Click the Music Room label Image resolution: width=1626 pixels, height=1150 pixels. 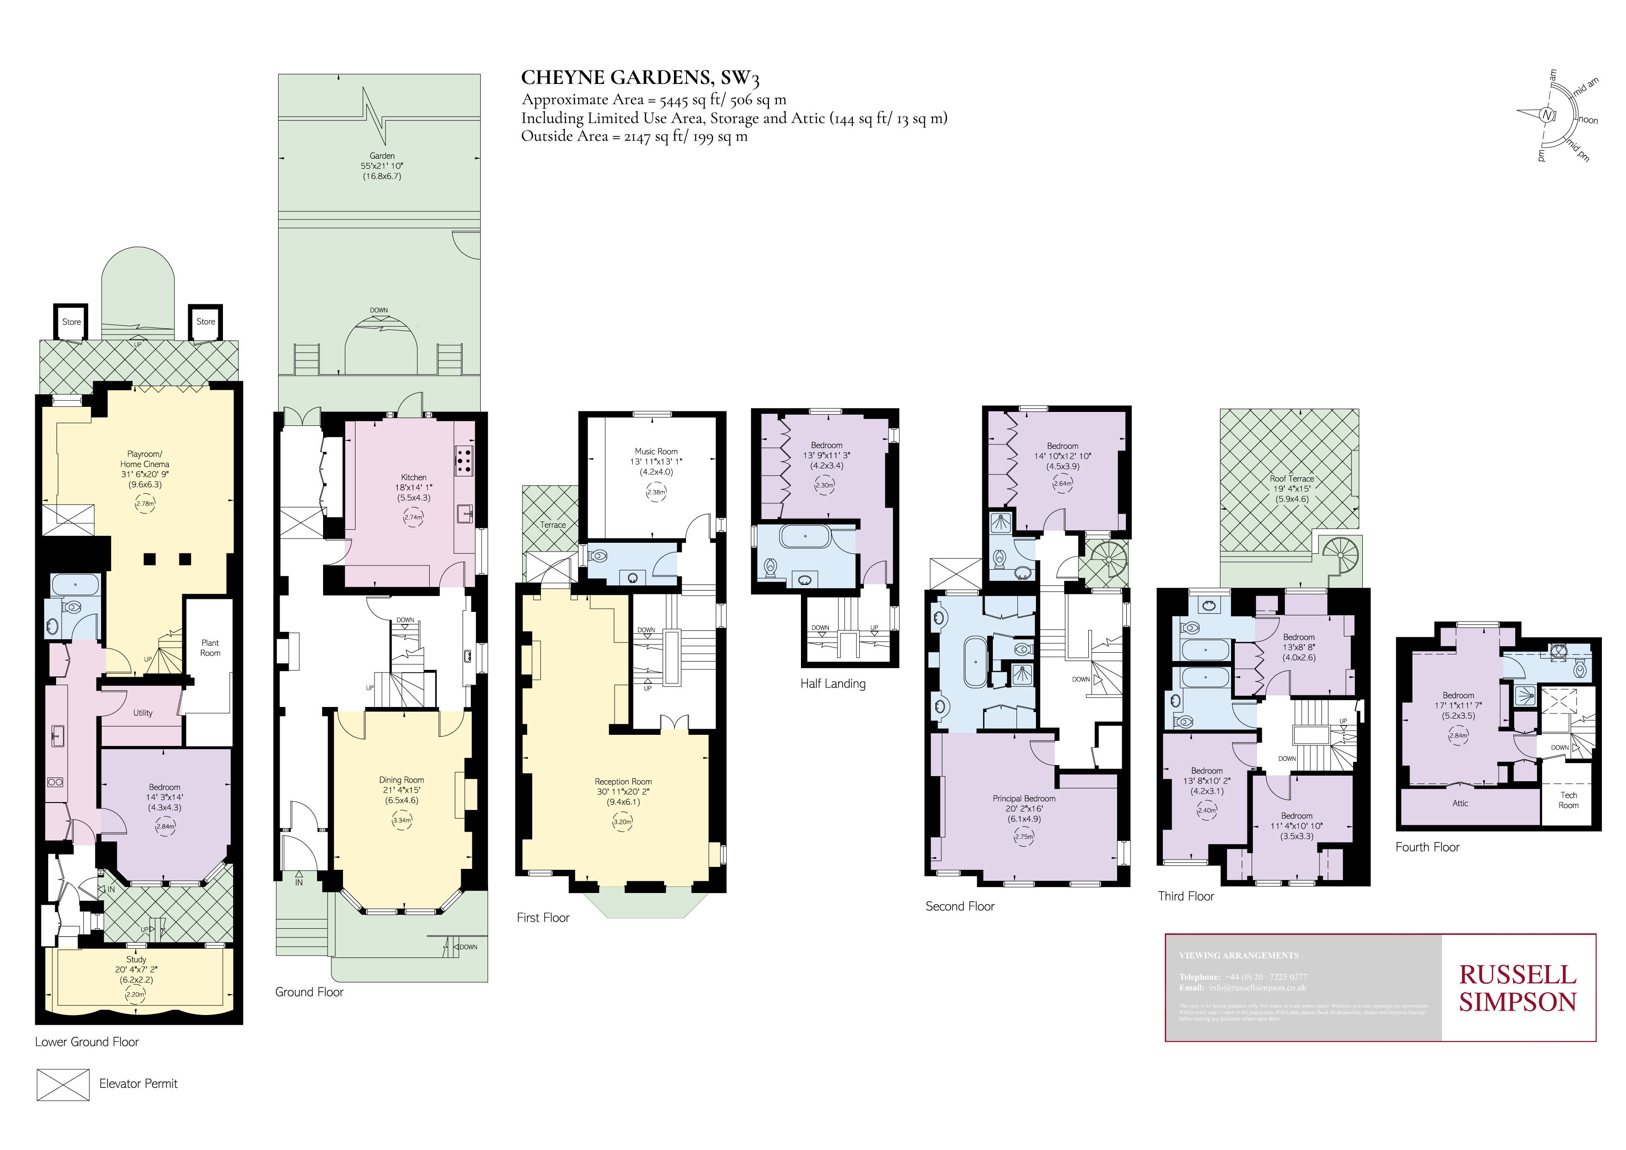tap(656, 451)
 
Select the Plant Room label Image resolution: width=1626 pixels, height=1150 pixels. tap(210, 648)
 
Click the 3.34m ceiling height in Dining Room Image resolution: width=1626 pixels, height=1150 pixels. tap(401, 821)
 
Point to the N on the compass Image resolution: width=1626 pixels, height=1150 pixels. tap(1547, 115)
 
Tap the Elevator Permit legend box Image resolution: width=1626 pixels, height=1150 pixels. tap(63, 1084)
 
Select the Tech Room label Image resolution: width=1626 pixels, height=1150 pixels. tap(1568, 800)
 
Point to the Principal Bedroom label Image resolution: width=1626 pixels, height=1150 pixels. tap(1023, 798)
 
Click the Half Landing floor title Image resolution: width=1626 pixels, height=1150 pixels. tap(833, 684)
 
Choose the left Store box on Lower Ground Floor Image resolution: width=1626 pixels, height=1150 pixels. tap(71, 321)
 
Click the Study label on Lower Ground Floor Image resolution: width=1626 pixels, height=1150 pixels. tap(136, 959)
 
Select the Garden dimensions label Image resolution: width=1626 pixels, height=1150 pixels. tap(382, 166)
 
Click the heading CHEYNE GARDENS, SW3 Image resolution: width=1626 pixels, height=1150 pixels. tap(640, 78)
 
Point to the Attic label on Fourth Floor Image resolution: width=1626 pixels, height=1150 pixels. tap(1460, 803)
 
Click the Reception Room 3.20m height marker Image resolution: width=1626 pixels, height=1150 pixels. tap(622, 822)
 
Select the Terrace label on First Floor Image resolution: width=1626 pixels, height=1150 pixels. tap(553, 525)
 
